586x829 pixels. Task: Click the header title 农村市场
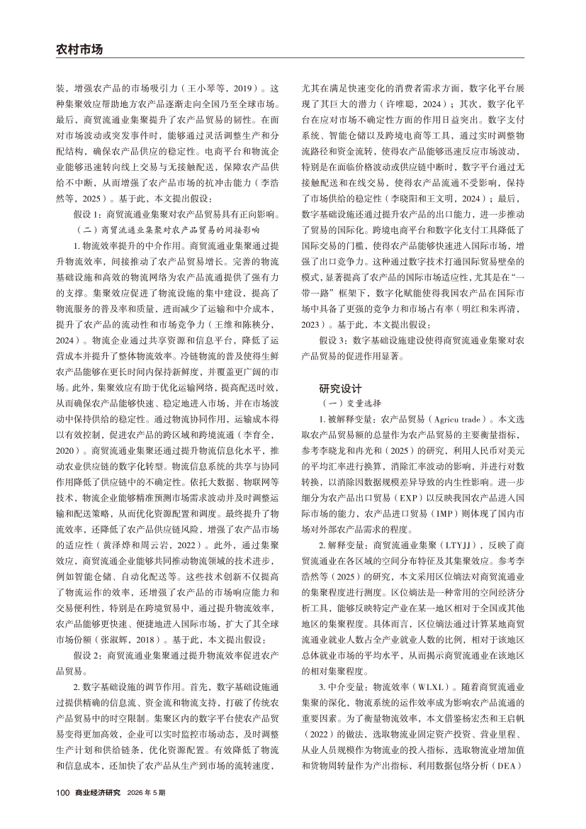[79, 50]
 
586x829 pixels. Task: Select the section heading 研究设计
[340, 389]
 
